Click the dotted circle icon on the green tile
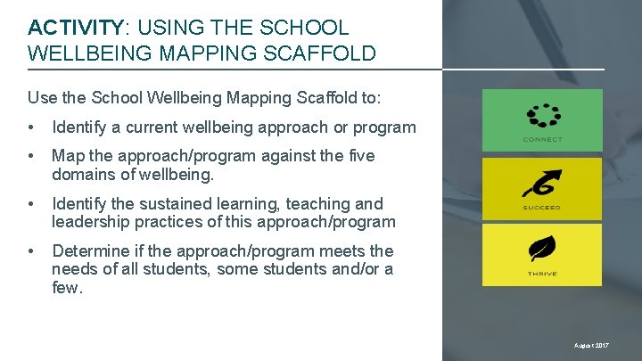[542, 116]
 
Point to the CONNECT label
[542, 139]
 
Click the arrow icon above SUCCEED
[542, 185]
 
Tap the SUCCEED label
[542, 208]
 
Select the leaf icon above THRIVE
[542, 250]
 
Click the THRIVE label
[542, 273]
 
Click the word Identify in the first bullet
[81, 127]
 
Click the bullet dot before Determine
[32, 251]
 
